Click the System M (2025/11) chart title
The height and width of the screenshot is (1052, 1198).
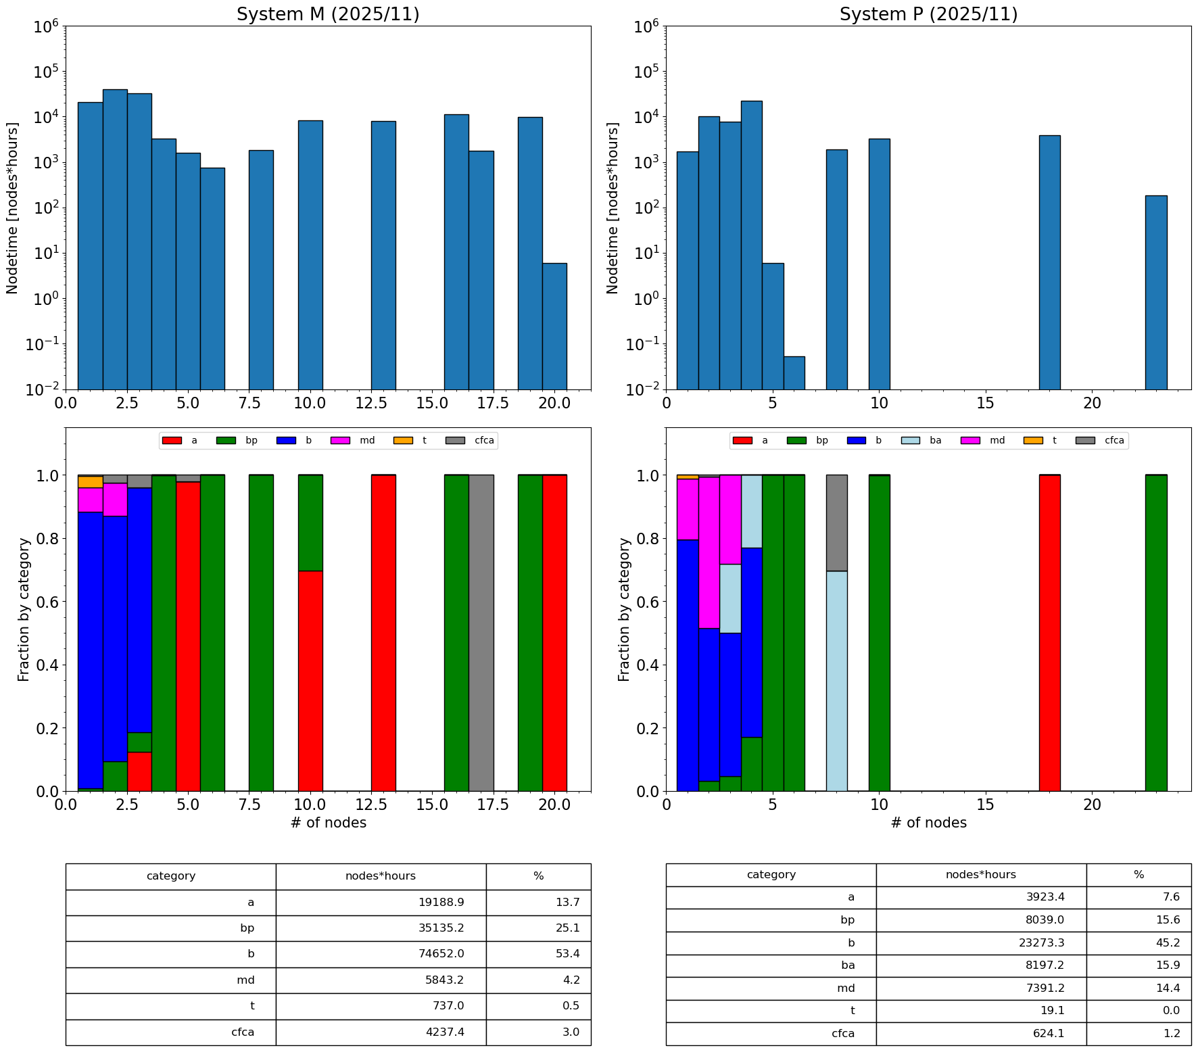pyautogui.click(x=328, y=14)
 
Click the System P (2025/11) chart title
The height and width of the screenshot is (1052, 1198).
pyautogui.click(x=928, y=14)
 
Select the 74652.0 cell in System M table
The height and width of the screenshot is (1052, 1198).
pyautogui.click(x=441, y=954)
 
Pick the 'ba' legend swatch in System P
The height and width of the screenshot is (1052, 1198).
pyautogui.click(x=912, y=441)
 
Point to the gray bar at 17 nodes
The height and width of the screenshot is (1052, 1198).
pyautogui.click(x=481, y=632)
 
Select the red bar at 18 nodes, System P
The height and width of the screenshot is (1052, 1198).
pyautogui.click(x=1049, y=632)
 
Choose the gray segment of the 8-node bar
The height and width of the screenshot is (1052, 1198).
pyautogui.click(x=836, y=523)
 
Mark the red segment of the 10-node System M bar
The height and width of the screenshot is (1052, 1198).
pyautogui.click(x=310, y=680)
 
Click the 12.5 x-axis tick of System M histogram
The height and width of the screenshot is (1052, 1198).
pyautogui.click(x=383, y=403)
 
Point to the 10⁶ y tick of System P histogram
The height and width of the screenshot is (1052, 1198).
pyautogui.click(x=648, y=27)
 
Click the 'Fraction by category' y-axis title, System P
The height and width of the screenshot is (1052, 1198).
pyautogui.click(x=624, y=609)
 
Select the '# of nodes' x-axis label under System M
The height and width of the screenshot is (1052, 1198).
pyautogui.click(x=328, y=823)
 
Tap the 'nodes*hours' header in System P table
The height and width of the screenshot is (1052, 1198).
pyautogui.click(x=980, y=875)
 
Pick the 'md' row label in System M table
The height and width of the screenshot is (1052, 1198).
pyautogui.click(x=245, y=980)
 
